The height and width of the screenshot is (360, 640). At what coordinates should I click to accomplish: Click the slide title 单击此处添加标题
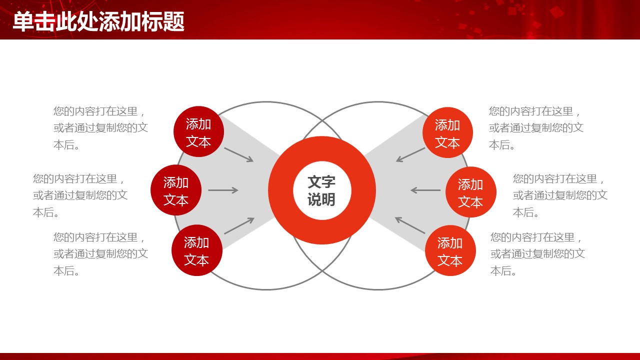[x=98, y=21]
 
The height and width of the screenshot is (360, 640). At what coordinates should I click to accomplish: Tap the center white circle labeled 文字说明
[x=322, y=190]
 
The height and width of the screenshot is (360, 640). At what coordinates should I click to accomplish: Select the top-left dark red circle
[x=198, y=131]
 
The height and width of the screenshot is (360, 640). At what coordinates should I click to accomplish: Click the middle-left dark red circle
[x=176, y=190]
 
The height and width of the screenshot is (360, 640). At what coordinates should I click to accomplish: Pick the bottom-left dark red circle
[x=197, y=250]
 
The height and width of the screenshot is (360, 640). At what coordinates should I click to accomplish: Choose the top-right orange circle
[x=447, y=132]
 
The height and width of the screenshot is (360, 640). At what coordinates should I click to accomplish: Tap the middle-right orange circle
[x=471, y=192]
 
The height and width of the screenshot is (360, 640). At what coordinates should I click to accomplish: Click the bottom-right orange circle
[x=450, y=250]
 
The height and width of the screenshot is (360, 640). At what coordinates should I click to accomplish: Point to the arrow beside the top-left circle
[x=239, y=154]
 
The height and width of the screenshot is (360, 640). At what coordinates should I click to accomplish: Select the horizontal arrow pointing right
[x=223, y=190]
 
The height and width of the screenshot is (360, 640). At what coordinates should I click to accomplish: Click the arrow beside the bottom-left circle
[x=239, y=225]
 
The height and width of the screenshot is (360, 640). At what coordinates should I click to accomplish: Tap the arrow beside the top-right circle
[x=410, y=155]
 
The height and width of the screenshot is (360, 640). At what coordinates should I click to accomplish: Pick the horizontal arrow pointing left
[x=425, y=190]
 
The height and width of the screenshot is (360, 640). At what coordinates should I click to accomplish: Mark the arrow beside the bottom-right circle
[x=410, y=225]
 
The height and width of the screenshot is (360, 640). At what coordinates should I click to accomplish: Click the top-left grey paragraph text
[x=100, y=128]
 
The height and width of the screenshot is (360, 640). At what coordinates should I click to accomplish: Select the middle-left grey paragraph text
[x=80, y=195]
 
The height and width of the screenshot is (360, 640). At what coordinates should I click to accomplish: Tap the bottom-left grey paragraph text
[x=100, y=254]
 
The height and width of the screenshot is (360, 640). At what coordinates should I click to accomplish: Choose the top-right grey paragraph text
[x=536, y=128]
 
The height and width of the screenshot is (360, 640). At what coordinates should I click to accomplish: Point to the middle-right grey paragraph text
[x=560, y=195]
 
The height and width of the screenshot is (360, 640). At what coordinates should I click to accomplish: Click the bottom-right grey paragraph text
[x=537, y=254]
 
